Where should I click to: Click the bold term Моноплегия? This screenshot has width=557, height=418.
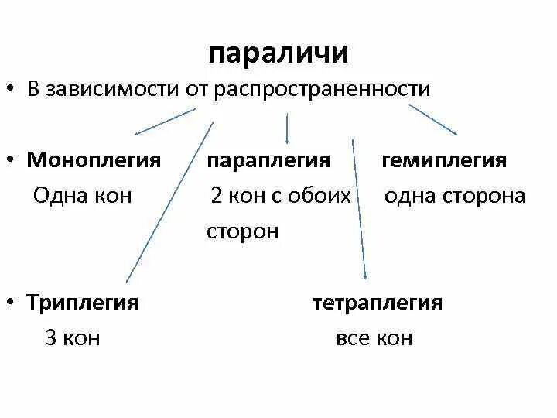click(x=94, y=160)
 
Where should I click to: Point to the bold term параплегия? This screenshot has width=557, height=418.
click(x=268, y=160)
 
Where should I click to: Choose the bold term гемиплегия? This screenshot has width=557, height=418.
click(x=445, y=160)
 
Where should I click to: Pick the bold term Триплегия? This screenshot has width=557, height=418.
click(x=83, y=302)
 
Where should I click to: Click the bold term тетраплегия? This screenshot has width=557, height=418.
click(x=378, y=302)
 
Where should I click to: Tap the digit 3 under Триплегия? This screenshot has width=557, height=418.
click(x=51, y=338)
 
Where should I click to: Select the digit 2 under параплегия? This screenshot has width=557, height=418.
click(x=217, y=195)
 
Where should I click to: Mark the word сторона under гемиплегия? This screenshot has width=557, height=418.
click(x=484, y=195)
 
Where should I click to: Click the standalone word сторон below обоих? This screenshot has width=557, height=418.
click(x=242, y=231)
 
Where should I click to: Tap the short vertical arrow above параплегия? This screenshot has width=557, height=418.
click(x=288, y=128)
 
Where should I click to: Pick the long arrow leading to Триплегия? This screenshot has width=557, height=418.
click(x=169, y=201)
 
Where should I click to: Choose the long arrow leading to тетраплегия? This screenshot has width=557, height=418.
click(x=359, y=209)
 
